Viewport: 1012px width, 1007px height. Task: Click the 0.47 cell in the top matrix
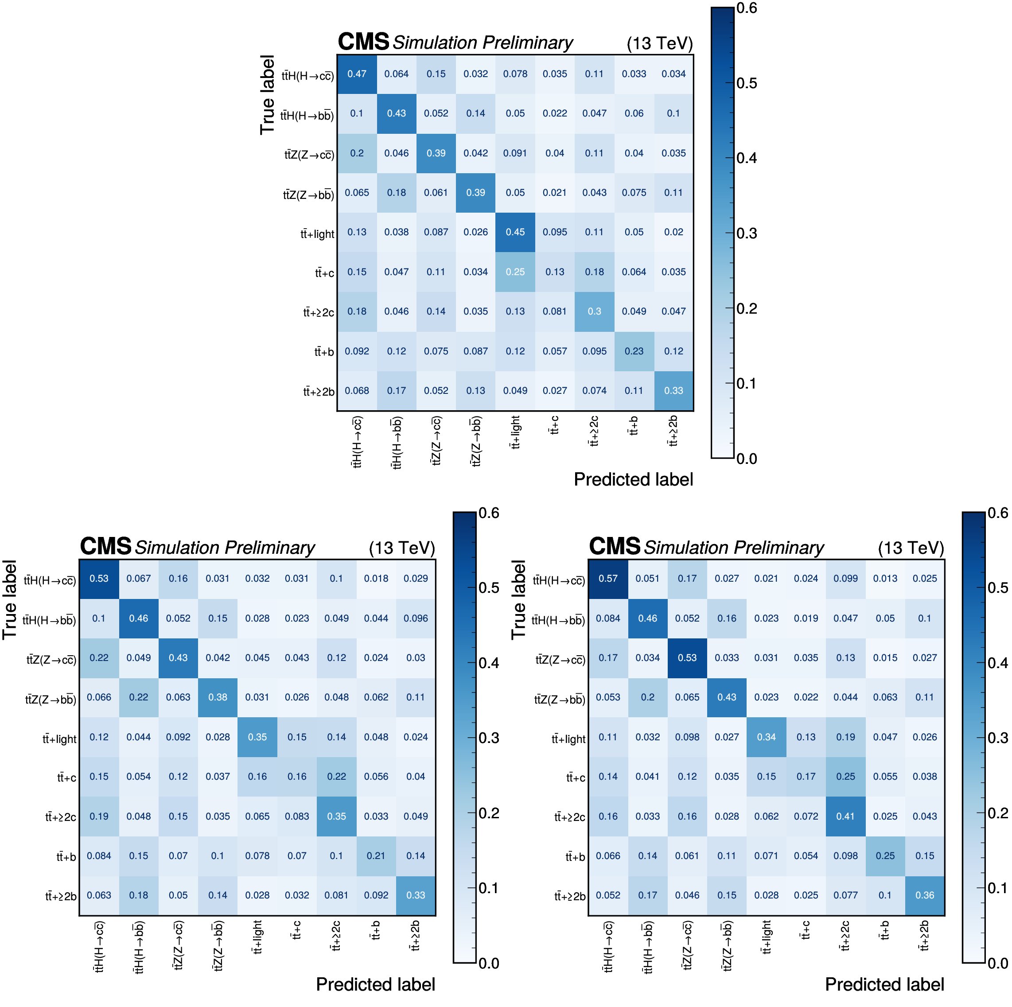357,74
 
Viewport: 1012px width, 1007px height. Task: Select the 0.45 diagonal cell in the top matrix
515,232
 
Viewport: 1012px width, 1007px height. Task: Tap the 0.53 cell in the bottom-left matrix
99,579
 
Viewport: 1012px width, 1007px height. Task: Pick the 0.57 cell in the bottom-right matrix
608,579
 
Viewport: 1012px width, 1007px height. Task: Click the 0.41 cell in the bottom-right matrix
845,816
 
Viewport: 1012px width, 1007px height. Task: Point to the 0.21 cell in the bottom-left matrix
376,855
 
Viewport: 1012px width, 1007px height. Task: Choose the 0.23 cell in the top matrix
634,351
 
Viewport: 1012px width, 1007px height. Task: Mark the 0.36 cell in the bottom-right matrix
925,895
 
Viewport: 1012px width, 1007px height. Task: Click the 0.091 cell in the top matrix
515,153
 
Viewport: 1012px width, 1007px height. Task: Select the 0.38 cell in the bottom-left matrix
218,697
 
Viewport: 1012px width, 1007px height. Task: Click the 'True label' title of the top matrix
268,95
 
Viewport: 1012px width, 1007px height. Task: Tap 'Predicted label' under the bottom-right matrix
884,984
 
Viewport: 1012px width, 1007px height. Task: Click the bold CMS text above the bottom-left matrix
105,547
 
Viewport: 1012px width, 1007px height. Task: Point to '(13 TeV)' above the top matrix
659,43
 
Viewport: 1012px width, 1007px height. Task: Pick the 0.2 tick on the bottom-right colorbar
997,813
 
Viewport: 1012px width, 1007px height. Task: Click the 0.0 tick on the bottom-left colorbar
489,964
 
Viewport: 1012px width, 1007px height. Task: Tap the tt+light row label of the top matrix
317,234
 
